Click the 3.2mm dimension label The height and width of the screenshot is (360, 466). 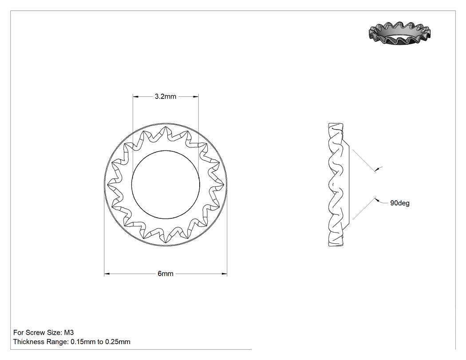[165, 96]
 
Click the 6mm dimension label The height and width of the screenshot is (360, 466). [165, 273]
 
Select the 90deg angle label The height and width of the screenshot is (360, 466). [400, 203]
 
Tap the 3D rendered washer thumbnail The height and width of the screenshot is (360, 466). [399, 34]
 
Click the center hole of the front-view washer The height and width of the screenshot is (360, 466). [166, 184]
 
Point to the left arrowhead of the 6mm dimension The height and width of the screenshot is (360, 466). [107, 273]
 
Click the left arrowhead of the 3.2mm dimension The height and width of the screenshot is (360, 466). [135, 96]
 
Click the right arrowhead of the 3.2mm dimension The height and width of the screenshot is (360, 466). [196, 96]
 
